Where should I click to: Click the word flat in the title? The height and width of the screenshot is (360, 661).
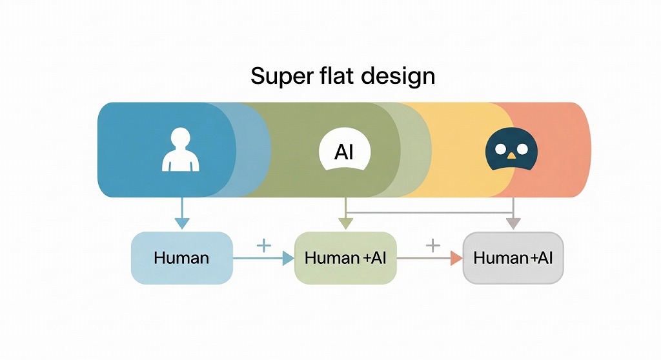pos(332,75)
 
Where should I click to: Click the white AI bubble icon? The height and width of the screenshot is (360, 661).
pos(345,152)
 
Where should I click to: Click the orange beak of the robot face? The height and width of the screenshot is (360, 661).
pos(511,155)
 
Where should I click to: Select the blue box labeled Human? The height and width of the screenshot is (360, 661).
pos(181,258)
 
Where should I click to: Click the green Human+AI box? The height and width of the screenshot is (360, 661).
pos(345,258)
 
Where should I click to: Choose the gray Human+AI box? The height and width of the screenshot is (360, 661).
pos(513,258)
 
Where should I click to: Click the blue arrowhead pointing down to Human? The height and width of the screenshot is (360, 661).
pos(182,223)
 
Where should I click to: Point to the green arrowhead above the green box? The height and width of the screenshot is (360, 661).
pos(346,223)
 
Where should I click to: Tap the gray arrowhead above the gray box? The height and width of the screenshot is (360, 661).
pos(513,223)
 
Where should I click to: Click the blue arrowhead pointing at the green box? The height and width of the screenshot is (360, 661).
pos(287,258)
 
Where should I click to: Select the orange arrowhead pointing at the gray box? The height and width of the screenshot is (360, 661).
pos(456,258)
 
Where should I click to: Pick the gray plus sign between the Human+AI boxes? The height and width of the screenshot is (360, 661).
pos(432,245)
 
